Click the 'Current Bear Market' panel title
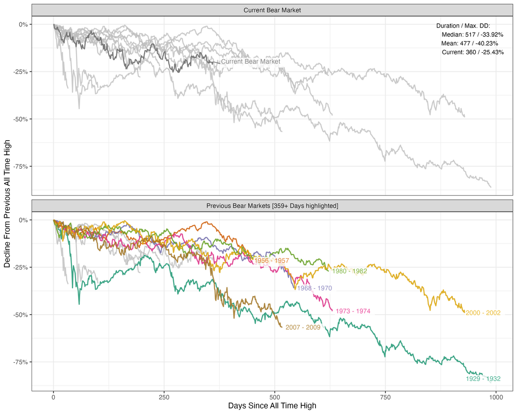tap(272, 10)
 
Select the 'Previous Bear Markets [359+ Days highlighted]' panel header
tap(272, 206)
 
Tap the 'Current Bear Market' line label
tap(251, 62)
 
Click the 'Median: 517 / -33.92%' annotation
tap(473, 35)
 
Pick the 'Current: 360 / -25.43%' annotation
tap(473, 52)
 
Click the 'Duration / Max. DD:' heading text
tap(463, 26)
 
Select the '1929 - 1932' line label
tap(483, 379)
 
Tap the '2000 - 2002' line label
tap(483, 313)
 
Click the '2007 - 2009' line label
tap(303, 327)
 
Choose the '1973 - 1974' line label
tap(353, 312)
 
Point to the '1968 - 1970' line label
tap(314, 288)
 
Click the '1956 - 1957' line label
tap(271, 261)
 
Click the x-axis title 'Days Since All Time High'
tap(272, 406)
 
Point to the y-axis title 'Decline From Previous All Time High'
tap(7, 207)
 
